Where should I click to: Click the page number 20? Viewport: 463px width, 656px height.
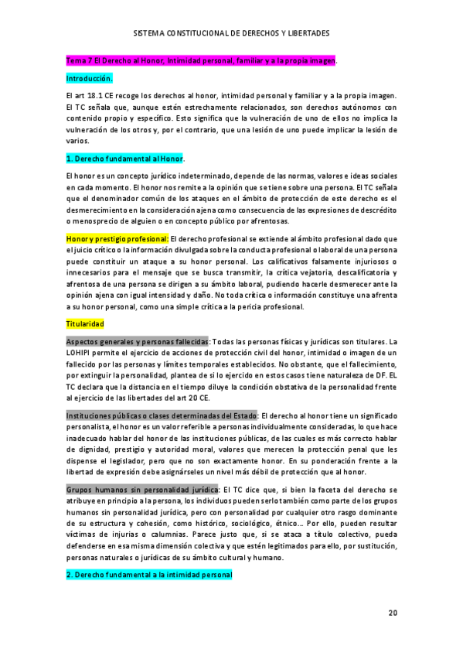(393, 612)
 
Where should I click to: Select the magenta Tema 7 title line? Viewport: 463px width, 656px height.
(202, 60)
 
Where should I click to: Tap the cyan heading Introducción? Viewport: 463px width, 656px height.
(90, 78)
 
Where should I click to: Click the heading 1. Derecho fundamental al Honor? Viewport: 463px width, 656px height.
(125, 159)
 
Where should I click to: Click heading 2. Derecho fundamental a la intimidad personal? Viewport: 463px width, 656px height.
(149, 575)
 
